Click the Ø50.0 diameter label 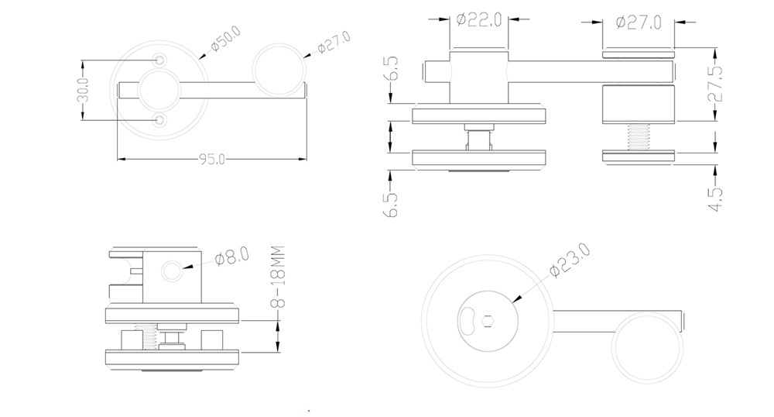tap(225, 39)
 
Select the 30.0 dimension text tap(84, 89)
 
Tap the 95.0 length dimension tap(212, 159)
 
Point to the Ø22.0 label tap(479, 19)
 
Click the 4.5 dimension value tap(715, 198)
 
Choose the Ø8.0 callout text tap(232, 257)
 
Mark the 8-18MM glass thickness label tap(279, 277)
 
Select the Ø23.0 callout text tap(570, 260)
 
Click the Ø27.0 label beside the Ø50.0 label tap(334, 42)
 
